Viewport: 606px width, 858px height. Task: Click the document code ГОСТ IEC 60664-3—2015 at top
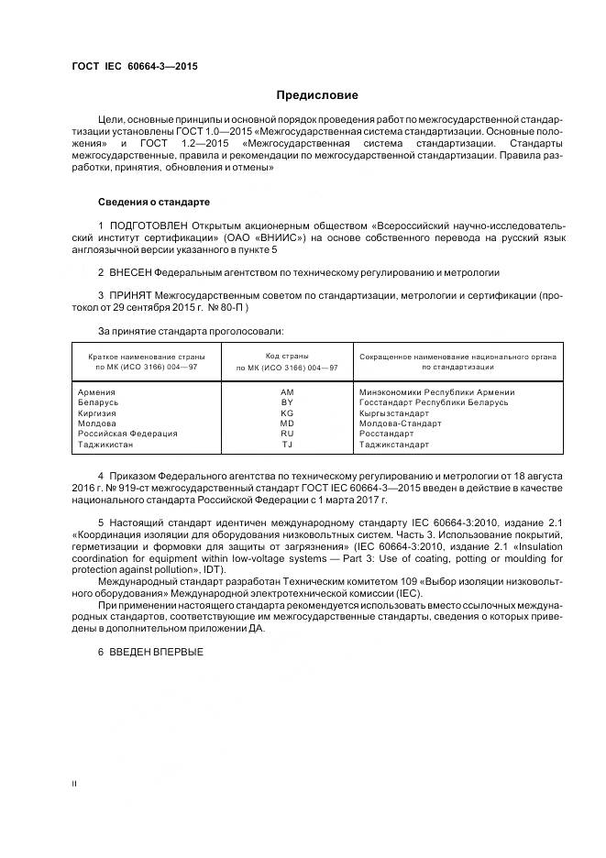pos(134,66)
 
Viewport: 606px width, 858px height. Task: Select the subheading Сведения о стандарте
pos(154,201)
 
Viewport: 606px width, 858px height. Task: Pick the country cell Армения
pos(97,392)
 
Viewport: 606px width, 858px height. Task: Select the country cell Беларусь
pos(99,402)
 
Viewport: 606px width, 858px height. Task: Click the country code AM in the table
pos(286,392)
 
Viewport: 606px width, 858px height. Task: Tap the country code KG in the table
pos(286,413)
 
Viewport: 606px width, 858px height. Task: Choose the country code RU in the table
pos(286,434)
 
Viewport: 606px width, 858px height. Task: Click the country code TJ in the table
pos(286,445)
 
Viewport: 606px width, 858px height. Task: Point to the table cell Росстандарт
pos(386,434)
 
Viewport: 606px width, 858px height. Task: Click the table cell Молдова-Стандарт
pos(400,423)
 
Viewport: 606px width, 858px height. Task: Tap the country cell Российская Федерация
pos(128,434)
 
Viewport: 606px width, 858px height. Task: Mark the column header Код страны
pos(287,356)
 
